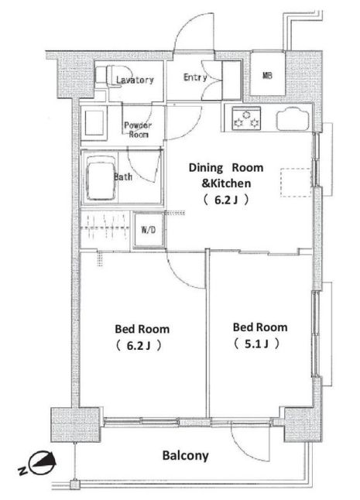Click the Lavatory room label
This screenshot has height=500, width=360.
pyautogui.click(x=135, y=80)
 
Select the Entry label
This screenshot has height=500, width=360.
pyautogui.click(x=195, y=77)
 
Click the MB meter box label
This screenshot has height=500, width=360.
pyautogui.click(x=267, y=76)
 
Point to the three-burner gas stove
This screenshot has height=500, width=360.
pyautogui.click(x=246, y=118)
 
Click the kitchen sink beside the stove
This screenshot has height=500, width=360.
pyautogui.click(x=293, y=119)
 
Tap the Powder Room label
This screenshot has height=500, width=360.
pyautogui.click(x=138, y=129)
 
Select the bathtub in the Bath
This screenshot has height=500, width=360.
pyautogui.click(x=101, y=177)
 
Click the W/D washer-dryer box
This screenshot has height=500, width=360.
pyautogui.click(x=149, y=230)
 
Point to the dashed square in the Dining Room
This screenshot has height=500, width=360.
pyautogui.click(x=296, y=183)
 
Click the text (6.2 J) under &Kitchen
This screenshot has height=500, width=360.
pyautogui.click(x=226, y=200)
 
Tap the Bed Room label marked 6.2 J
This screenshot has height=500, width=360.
pyautogui.click(x=142, y=337)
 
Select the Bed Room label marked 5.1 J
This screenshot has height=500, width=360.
pyautogui.click(x=260, y=335)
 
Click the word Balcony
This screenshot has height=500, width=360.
pyautogui.click(x=185, y=456)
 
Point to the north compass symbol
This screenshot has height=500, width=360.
pyautogui.click(x=43, y=463)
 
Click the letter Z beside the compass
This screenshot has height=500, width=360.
pyautogui.click(x=22, y=471)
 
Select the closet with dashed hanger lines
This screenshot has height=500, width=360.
pyautogui.click(x=105, y=228)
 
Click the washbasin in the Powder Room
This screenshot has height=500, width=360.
pyautogui.click(x=94, y=123)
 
